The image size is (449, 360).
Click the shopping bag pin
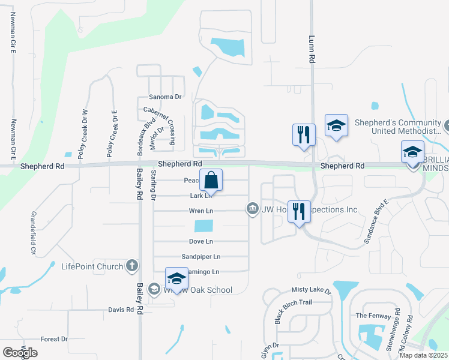[x=211, y=180]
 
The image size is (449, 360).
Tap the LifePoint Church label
[x=92, y=266]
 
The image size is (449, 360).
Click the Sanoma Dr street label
[x=165, y=97]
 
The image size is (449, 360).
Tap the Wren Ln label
[x=201, y=211]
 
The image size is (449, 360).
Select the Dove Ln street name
[x=201, y=241]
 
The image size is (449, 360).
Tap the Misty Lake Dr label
[x=311, y=290]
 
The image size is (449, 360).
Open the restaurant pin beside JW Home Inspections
[x=298, y=212]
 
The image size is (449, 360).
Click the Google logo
[x=20, y=353]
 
